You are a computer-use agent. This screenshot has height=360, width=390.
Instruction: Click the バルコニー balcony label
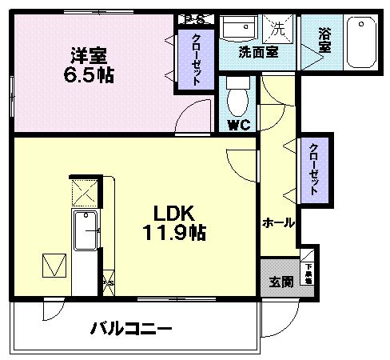pyautogui.click(x=130, y=327)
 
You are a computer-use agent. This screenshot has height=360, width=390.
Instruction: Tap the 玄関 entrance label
pyautogui.click(x=281, y=282)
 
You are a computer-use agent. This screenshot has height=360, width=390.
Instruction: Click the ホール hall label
pyautogui.click(x=279, y=222)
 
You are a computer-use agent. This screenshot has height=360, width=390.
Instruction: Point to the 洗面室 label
pyautogui.click(x=257, y=52)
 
